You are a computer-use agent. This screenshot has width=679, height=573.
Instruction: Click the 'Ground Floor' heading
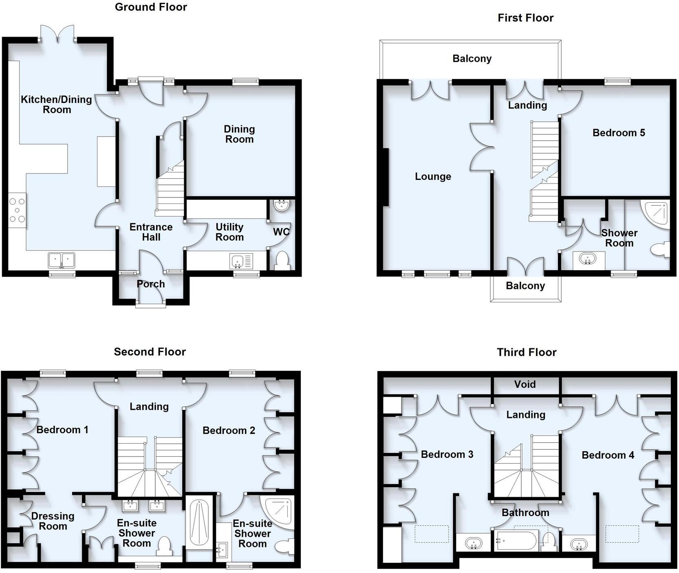pyautogui.click(x=151, y=7)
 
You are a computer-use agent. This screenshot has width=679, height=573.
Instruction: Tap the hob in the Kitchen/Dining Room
pyautogui.click(x=17, y=210)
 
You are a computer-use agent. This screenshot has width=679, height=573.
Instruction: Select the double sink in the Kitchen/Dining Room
pyautogui.click(x=62, y=260)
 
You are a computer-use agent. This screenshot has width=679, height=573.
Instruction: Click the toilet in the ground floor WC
pyautogui.click(x=282, y=260)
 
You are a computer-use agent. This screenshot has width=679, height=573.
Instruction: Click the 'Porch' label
pyautogui.click(x=151, y=284)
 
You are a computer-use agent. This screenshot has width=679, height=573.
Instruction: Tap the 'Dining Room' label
pyautogui.click(x=239, y=134)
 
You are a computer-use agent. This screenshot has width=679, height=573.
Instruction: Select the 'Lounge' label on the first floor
pyautogui.click(x=433, y=177)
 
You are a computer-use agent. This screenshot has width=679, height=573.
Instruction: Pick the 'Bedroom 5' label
pyautogui.click(x=618, y=133)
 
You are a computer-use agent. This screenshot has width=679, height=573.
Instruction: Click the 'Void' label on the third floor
pyautogui.click(x=525, y=384)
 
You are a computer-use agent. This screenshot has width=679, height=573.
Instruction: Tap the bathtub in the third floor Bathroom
pyautogui.click(x=516, y=541)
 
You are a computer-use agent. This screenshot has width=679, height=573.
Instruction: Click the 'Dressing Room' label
pyautogui.click(x=53, y=521)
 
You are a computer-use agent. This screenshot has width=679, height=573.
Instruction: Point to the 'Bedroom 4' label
pyautogui.click(x=608, y=455)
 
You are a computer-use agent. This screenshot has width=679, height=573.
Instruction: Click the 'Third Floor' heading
pyautogui.click(x=526, y=352)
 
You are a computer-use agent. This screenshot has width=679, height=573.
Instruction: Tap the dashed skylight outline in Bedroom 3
pyautogui.click(x=432, y=534)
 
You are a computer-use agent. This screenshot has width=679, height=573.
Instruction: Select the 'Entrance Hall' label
pyautogui.click(x=151, y=232)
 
